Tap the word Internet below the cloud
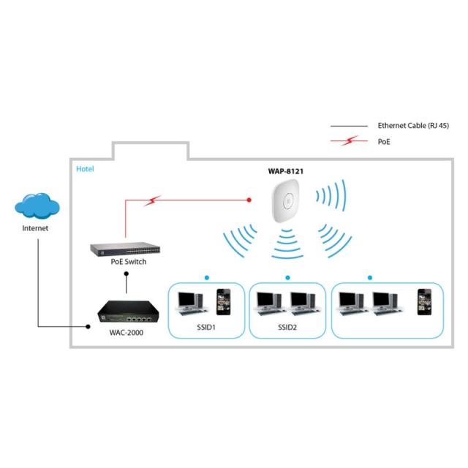point(36,229)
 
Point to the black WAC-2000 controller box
point(128,310)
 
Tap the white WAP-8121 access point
point(286,198)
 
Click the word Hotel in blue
point(85,169)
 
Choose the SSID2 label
point(287,324)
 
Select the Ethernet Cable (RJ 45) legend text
point(413,126)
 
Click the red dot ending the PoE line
point(249,197)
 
